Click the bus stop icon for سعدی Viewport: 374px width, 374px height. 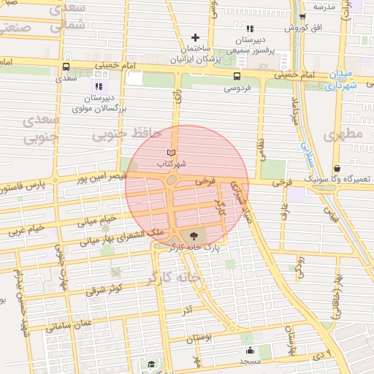click(66, 67)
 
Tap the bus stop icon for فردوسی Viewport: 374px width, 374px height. click(237, 76)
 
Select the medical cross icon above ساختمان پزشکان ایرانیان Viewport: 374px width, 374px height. click(195, 37)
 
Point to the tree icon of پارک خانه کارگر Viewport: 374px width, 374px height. click(194, 235)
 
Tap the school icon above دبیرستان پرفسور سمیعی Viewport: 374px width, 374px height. click(250, 28)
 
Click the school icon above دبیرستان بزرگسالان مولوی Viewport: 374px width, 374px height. click(99, 86)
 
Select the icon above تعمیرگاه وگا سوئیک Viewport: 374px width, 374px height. click(336, 167)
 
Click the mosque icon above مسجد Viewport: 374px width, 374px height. click(250, 350)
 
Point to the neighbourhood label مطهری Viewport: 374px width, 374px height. click(346, 134)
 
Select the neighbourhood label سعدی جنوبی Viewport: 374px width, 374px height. click(39, 129)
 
